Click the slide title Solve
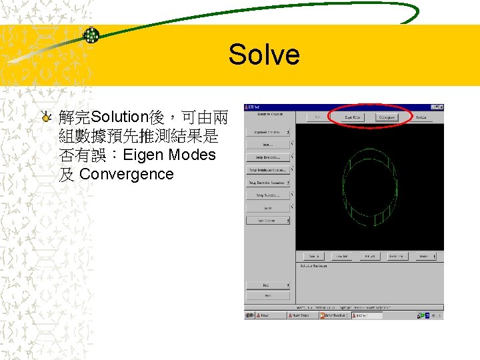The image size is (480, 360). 263,54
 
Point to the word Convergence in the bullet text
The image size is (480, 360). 126,175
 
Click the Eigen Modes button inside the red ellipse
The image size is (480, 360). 353,117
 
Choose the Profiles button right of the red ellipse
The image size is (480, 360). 421,117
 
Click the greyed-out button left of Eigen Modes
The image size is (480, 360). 319,117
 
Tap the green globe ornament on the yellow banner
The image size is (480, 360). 91,35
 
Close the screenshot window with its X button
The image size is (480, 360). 440,107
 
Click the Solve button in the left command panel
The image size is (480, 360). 267,208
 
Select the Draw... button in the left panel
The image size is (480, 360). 267,145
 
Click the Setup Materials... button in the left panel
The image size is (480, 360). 267,157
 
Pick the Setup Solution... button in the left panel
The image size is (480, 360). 267,195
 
